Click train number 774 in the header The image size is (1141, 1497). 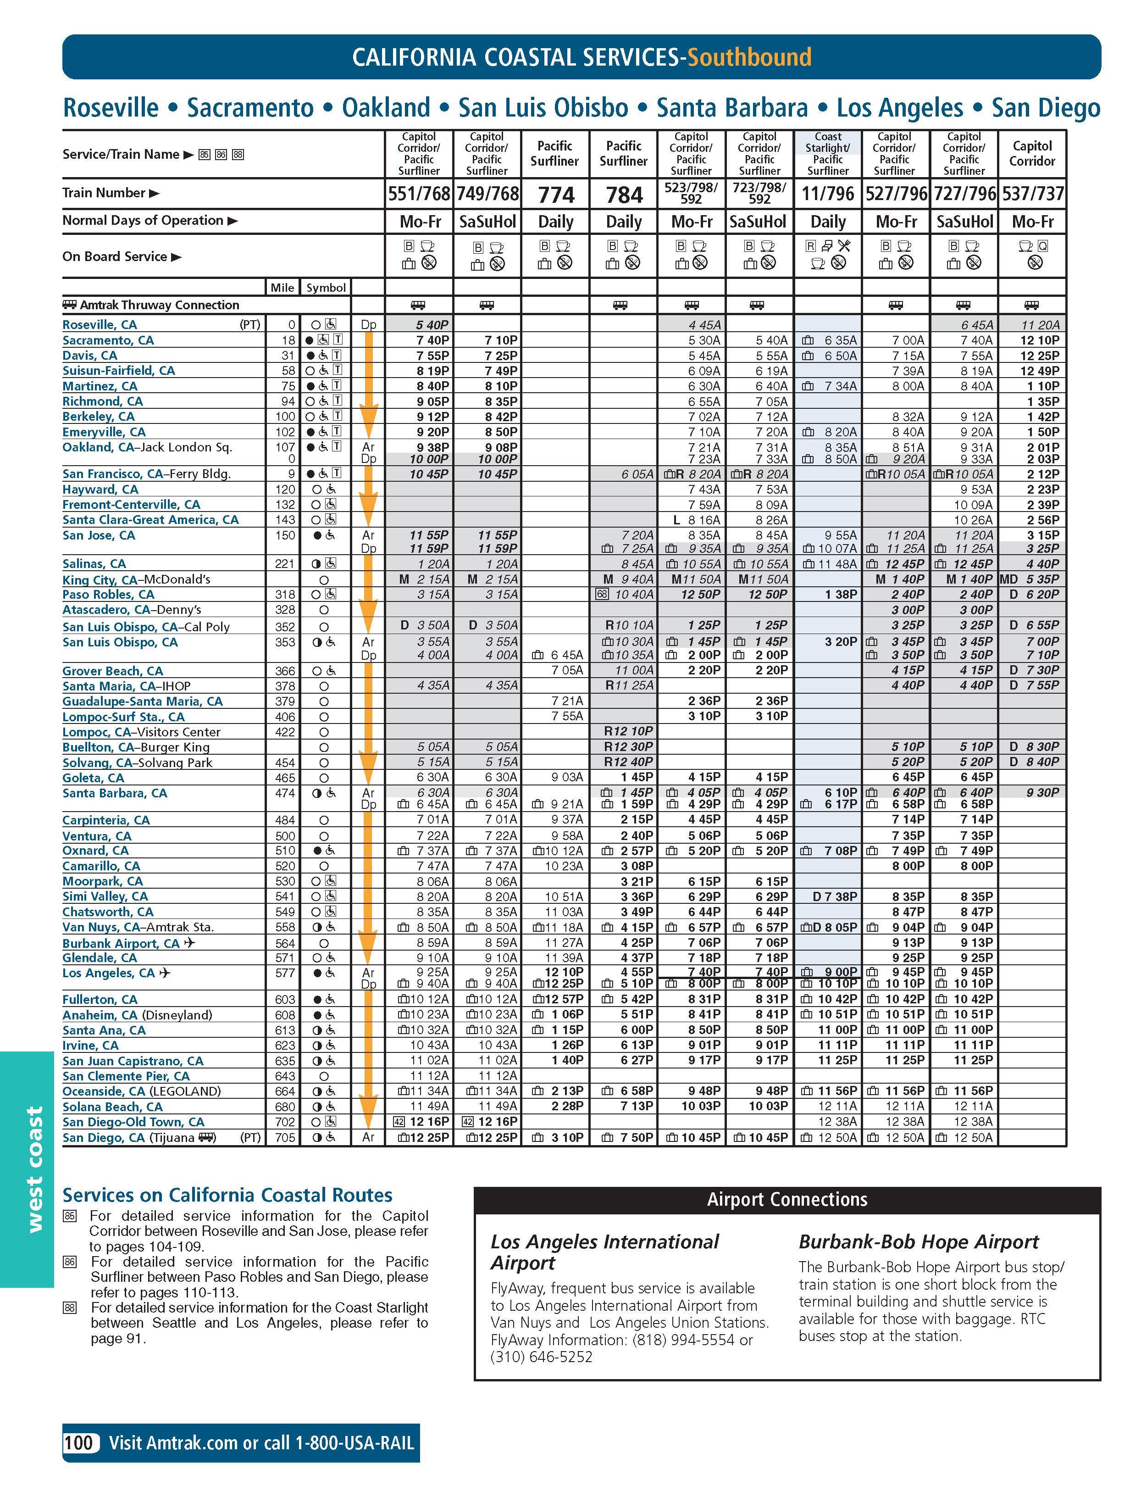click(555, 195)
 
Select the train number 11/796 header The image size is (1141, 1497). click(827, 195)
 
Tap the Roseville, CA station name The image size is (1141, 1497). click(99, 325)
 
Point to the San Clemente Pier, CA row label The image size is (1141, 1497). click(126, 1076)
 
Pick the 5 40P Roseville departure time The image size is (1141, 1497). click(432, 325)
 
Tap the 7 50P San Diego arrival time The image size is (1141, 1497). click(632, 1137)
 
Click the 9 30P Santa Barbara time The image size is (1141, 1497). click(1042, 792)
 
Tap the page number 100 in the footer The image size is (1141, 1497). click(79, 1443)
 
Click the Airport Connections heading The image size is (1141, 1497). click(787, 1199)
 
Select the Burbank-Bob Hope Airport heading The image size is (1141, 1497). click(918, 1242)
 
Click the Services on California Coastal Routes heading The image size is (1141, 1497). click(227, 1195)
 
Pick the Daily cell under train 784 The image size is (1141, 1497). click(624, 222)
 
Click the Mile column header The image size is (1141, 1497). click(282, 288)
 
